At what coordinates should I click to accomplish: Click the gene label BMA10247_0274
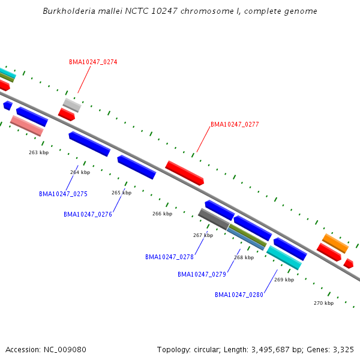click(93, 62)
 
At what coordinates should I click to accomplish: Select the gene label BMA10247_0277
click(235, 124)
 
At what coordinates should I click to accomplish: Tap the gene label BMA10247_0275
click(63, 194)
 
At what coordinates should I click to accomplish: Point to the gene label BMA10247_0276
click(88, 214)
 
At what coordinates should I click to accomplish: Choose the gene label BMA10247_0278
click(169, 257)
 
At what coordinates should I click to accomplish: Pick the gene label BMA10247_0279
click(202, 274)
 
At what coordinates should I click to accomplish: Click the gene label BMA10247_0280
click(239, 295)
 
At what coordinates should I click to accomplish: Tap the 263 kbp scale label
click(38, 152)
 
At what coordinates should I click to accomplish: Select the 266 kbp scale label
click(162, 214)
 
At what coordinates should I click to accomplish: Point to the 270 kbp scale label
click(323, 303)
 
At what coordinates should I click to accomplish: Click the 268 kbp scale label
click(244, 257)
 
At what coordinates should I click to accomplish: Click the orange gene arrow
click(335, 243)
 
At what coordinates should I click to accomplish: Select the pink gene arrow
click(27, 125)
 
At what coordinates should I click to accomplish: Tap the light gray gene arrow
click(72, 105)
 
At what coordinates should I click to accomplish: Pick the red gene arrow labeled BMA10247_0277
click(185, 173)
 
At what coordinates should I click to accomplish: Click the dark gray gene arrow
click(214, 219)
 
